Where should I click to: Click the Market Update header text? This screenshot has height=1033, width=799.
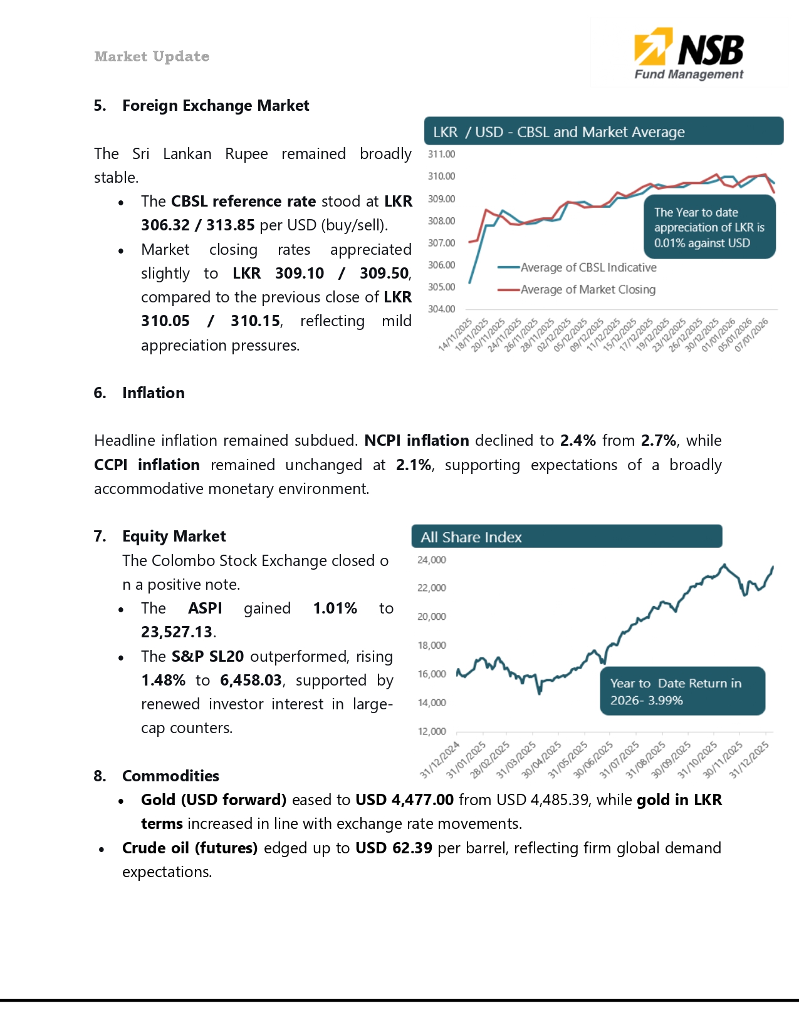[x=152, y=56]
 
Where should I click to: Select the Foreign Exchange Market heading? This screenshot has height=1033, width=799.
[x=215, y=106]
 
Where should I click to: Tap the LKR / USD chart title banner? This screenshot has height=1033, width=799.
[x=603, y=131]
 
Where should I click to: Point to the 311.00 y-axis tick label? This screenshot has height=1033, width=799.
[x=441, y=154]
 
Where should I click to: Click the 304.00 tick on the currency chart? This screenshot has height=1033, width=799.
[x=441, y=309]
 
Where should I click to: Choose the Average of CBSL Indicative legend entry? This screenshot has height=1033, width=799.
[x=588, y=267]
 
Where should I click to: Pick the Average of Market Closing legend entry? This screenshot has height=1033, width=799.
[x=587, y=289]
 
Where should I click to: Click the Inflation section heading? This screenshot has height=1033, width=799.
[x=153, y=393]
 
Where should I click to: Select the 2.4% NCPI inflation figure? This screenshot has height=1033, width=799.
[x=577, y=441]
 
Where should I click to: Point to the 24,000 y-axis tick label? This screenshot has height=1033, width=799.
[x=432, y=560]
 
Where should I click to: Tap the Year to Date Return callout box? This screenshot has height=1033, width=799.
[x=682, y=691]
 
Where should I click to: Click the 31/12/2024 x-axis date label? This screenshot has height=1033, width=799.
[x=440, y=759]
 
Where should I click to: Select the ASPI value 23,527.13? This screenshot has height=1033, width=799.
[x=177, y=632]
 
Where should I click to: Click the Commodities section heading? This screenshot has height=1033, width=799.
[x=170, y=776]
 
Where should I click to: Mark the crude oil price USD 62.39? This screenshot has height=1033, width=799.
[x=394, y=848]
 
